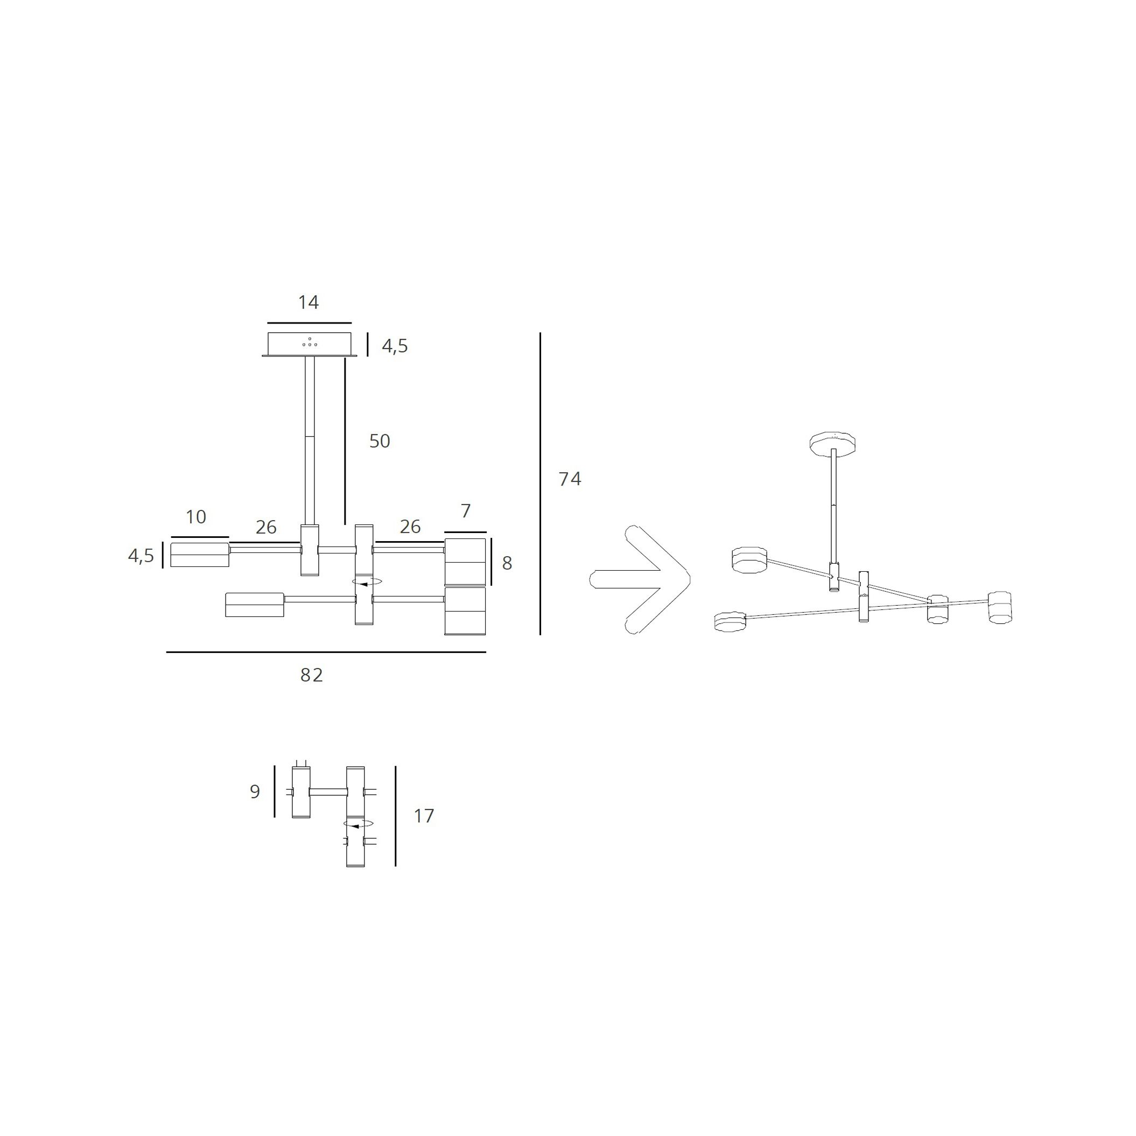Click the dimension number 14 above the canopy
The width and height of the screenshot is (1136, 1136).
tap(308, 302)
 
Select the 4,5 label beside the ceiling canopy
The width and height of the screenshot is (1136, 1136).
tap(395, 346)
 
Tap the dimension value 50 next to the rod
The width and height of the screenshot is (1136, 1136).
tap(379, 441)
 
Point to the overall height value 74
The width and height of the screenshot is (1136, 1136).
tap(570, 479)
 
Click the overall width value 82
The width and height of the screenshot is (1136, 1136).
tap(312, 675)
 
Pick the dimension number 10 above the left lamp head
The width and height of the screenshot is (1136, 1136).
tap(196, 517)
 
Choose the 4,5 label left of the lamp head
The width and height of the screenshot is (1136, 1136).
tap(141, 556)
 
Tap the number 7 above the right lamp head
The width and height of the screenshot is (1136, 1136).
tap(466, 511)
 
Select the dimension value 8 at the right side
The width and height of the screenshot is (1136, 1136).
tap(507, 563)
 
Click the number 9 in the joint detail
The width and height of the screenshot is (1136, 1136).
tap(255, 791)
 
